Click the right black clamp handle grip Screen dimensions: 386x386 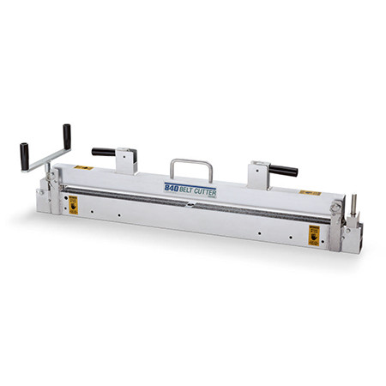coord(282,170)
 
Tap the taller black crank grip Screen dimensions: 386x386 coord(67,135)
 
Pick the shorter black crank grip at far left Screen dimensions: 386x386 coord(25,155)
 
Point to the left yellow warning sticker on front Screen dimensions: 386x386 coord(73,204)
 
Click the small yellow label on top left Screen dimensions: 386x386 coord(82,167)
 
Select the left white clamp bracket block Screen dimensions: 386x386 coord(126,161)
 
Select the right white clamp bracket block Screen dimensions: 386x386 coord(258,174)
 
